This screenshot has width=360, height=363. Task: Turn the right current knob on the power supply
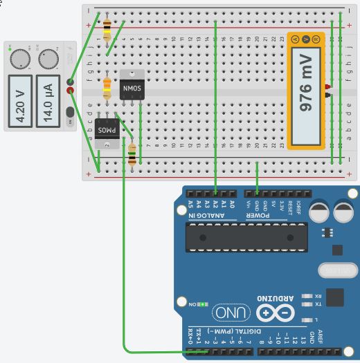(x=47, y=59)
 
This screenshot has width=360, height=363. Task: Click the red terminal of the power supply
(x=70, y=90)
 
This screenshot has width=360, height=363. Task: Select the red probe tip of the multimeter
(x=326, y=86)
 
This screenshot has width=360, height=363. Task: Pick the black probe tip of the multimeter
(x=326, y=94)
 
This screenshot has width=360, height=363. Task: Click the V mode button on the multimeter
(x=305, y=39)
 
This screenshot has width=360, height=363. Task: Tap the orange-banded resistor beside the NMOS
(x=107, y=88)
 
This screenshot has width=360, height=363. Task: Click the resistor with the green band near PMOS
(x=132, y=154)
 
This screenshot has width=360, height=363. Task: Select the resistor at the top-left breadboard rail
(x=107, y=29)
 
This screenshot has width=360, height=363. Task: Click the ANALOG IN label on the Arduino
(x=206, y=215)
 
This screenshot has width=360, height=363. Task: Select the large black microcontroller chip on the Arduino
(x=246, y=238)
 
